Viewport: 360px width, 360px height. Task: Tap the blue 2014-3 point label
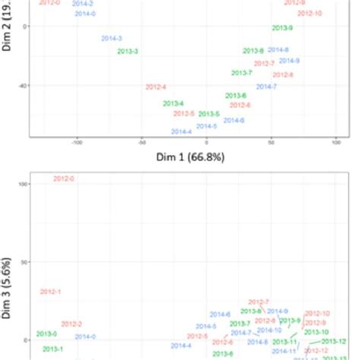click(112, 38)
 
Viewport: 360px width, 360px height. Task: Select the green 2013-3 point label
click(128, 51)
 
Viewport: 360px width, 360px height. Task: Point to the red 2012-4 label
click(156, 87)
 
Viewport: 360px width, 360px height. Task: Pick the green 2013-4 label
click(173, 103)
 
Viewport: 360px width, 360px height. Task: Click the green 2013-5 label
click(209, 114)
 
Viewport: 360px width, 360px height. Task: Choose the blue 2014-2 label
click(83, 4)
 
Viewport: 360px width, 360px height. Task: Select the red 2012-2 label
click(71, 324)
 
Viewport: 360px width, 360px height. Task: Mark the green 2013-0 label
click(46, 334)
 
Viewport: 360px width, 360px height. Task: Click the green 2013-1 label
click(53, 349)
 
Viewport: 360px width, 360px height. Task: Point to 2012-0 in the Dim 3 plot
click(64, 178)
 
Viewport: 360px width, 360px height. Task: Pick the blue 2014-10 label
click(269, 330)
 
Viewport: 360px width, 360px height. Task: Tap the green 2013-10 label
click(316, 332)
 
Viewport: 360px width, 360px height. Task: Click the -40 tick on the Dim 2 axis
click(22, 86)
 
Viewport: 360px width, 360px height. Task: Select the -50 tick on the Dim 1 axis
click(141, 142)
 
